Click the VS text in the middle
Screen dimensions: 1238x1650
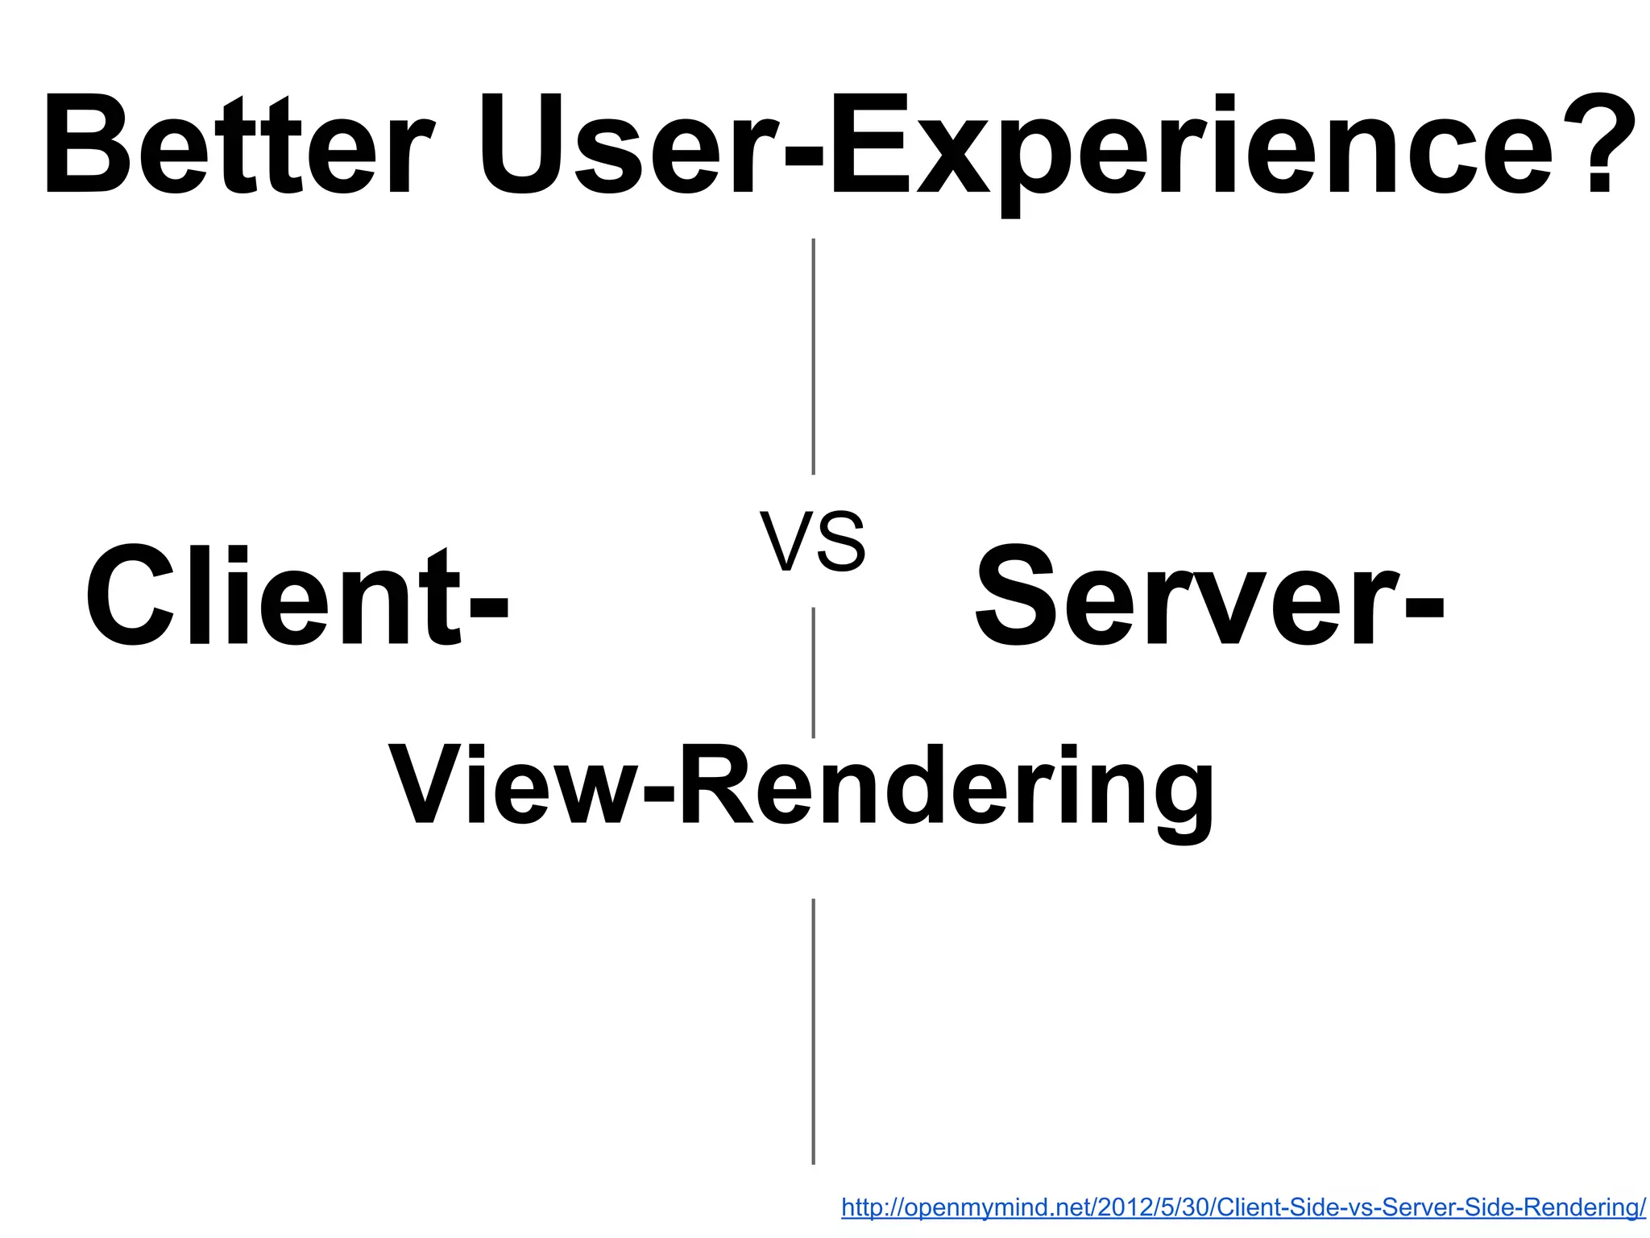click(812, 542)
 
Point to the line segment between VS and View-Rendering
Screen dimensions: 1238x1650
click(813, 672)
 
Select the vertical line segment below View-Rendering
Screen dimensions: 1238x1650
click(813, 1031)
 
